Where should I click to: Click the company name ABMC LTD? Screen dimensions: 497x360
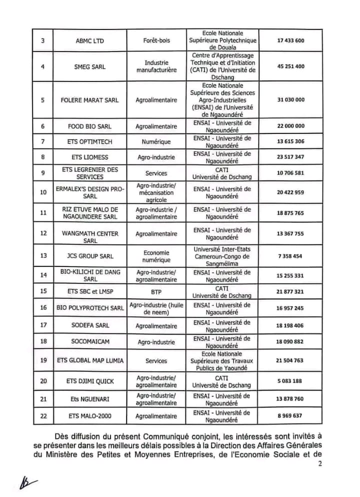coord(89,41)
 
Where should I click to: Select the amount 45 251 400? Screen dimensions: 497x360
coord(290,66)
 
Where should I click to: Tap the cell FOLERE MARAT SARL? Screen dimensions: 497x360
coord(89,100)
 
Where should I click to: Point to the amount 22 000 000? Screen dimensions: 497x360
coord(290,126)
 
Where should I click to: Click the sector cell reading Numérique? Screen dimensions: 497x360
coord(156,141)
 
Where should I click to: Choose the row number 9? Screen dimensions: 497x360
coord(43,173)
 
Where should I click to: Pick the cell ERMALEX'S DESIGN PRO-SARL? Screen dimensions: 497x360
coord(89,192)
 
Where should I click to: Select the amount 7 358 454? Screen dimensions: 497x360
coord(290,256)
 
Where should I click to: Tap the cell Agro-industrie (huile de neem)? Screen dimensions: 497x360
coord(156,308)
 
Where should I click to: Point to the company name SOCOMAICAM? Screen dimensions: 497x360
coord(89,342)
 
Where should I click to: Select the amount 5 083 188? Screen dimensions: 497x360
coord(290,381)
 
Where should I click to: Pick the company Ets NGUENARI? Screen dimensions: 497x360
coord(89,399)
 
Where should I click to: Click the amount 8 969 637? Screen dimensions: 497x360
coord(290,415)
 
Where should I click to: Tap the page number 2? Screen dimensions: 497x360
coord(319,463)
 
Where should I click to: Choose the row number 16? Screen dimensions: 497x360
coord(43,308)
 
